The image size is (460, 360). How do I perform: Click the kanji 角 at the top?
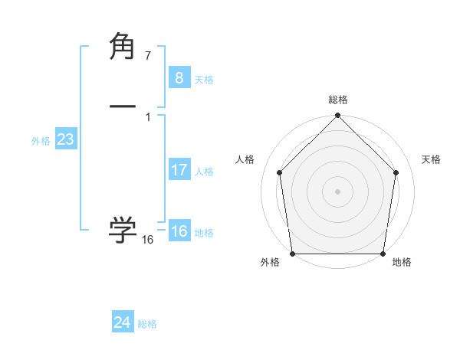coord(123,47)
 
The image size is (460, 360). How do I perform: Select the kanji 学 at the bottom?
coord(123,229)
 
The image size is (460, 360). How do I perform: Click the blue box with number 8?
coord(179,77)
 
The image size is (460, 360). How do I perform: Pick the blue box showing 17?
coord(179,170)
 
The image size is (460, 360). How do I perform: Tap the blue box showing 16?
coord(179,231)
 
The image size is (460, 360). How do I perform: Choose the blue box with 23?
coord(65,139)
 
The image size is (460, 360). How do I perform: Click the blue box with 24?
coord(122,322)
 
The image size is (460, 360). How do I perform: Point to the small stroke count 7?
coord(148,56)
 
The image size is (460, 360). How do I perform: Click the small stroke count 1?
coord(148,116)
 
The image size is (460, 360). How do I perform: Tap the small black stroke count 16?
coord(148,240)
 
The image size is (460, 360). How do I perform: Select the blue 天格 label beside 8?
coord(204,80)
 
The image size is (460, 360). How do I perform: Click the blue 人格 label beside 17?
coord(204,172)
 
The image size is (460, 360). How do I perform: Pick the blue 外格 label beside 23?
coord(41,141)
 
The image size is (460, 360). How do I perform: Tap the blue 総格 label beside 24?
coord(147,324)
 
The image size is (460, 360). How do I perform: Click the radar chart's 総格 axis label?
coord(337,100)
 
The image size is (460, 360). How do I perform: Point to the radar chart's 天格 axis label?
coord(432,159)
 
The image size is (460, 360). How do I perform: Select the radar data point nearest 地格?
coord(383,254)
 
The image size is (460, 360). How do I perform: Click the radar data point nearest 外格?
coord(292,254)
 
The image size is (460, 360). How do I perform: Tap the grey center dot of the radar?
coord(337,191)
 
